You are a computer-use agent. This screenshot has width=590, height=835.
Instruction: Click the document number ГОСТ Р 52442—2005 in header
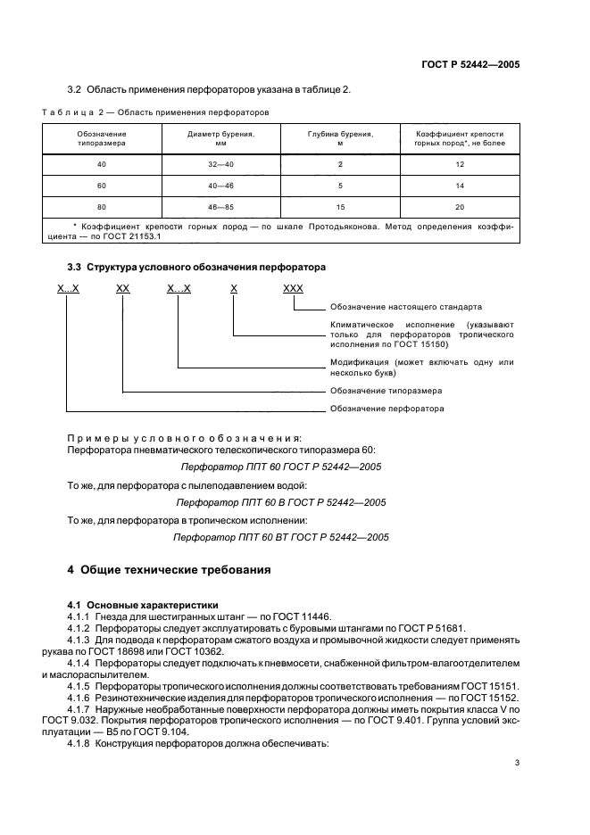pyautogui.click(x=470, y=64)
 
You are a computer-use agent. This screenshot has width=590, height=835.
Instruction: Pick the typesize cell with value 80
pyautogui.click(x=101, y=206)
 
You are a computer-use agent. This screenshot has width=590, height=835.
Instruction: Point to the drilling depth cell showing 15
pyautogui.click(x=340, y=206)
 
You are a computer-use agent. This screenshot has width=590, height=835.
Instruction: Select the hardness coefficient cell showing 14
pyautogui.click(x=460, y=186)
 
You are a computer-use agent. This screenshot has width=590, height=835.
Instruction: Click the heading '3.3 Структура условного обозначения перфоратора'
pyautogui.click(x=196, y=267)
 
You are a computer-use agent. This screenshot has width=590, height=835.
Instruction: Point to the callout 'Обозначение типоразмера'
pyautogui.click(x=386, y=391)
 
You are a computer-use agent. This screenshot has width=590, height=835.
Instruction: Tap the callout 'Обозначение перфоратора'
pyautogui.click(x=387, y=409)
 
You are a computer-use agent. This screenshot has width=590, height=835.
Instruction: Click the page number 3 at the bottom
pyautogui.click(x=517, y=763)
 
